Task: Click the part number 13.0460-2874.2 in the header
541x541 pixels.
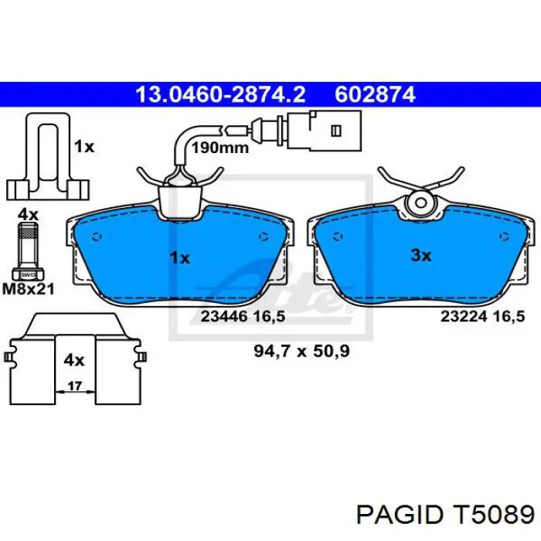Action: pyautogui.click(x=220, y=94)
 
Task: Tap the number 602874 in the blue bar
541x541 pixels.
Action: pyautogui.click(x=375, y=94)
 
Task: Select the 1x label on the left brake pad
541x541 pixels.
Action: pyautogui.click(x=179, y=257)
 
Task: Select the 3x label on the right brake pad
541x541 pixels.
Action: pyautogui.click(x=420, y=255)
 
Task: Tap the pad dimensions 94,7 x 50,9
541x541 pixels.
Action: pyautogui.click(x=302, y=351)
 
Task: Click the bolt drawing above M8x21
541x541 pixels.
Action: pyautogui.click(x=26, y=248)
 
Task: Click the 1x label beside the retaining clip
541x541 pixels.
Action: pyautogui.click(x=83, y=146)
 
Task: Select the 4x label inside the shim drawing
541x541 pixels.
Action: pyautogui.click(x=74, y=359)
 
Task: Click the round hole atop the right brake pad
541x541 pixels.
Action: pyautogui.click(x=421, y=203)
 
